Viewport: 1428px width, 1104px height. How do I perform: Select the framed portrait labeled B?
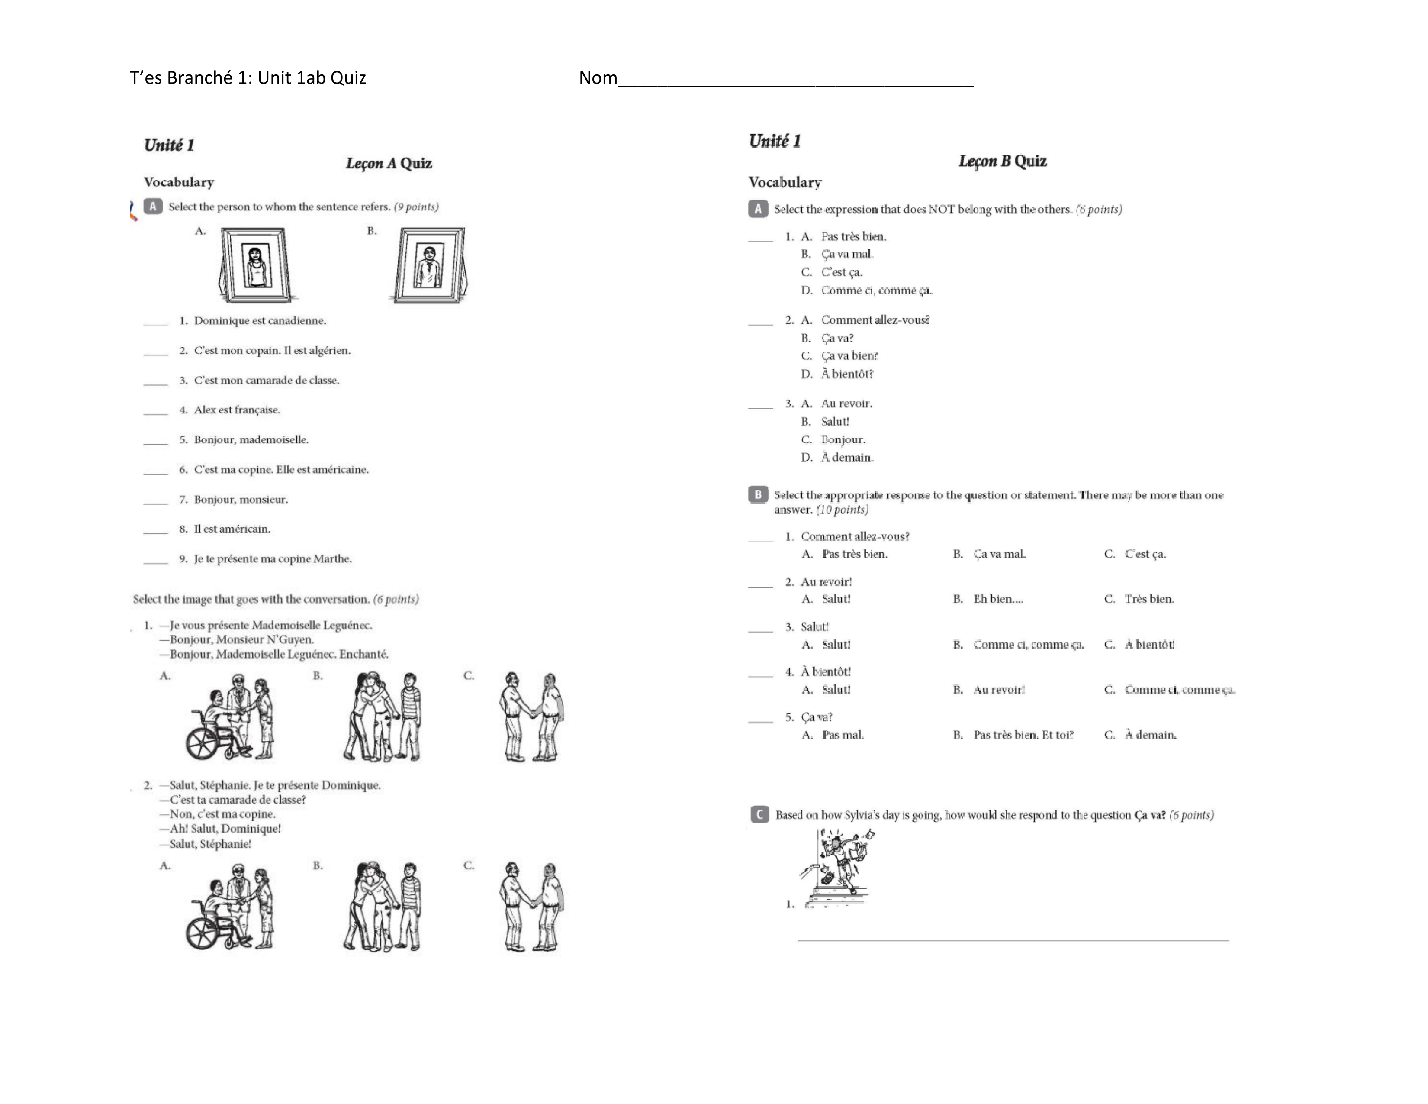pos(430,265)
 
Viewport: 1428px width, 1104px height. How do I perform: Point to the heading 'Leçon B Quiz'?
pos(1002,161)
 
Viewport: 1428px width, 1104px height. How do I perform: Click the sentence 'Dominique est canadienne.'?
pos(260,320)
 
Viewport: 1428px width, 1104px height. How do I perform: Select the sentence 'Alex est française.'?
pos(237,410)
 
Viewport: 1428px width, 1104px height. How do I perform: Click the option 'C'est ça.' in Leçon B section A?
pos(842,272)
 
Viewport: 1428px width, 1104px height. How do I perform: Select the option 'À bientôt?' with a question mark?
pos(847,374)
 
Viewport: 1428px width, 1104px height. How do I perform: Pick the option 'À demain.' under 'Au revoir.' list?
pos(847,458)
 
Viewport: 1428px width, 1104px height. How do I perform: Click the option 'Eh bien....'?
pos(998,599)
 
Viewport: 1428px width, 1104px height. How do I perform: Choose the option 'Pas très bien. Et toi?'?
pos(1023,734)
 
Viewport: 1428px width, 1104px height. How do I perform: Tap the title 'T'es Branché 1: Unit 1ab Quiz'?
pos(248,78)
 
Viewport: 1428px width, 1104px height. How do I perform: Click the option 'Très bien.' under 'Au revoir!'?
pos(1149,599)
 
